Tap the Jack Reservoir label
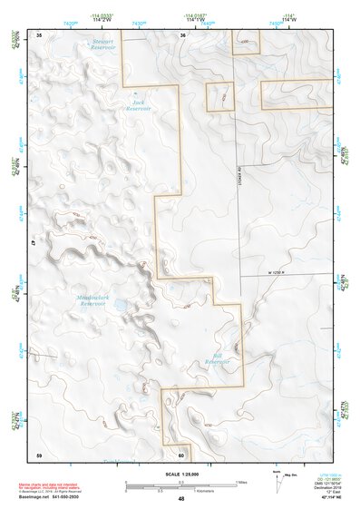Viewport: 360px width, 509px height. click(138, 105)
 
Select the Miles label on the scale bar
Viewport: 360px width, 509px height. click(241, 481)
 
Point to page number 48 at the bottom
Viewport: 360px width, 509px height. click(180, 499)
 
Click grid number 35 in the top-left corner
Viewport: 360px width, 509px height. click(38, 34)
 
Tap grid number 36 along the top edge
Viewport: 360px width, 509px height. click(182, 34)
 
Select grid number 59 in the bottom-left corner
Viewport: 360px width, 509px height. click(38, 454)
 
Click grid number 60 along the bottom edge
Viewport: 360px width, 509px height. click(181, 455)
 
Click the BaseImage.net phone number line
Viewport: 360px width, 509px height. click(50, 497)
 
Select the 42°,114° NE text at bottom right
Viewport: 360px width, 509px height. click(323, 496)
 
